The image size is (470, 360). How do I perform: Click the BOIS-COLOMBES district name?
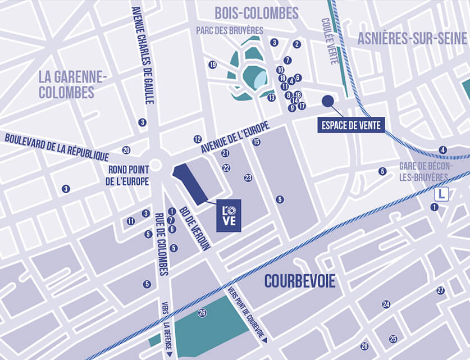pos(257,13)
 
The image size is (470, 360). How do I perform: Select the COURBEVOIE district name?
pos(300,281)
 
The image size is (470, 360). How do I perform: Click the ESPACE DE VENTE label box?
pos(351,125)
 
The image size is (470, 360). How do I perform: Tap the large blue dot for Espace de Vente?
pos(328,101)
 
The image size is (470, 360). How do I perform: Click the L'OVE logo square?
pos(229,216)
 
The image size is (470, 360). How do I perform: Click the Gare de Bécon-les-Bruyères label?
pos(423,171)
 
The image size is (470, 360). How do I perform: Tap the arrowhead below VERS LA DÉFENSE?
pos(168,353)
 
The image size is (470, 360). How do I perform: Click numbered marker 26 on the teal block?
pos(202,313)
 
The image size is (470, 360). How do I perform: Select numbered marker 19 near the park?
pos(212,65)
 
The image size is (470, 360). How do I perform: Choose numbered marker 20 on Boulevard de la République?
pos(126,150)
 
